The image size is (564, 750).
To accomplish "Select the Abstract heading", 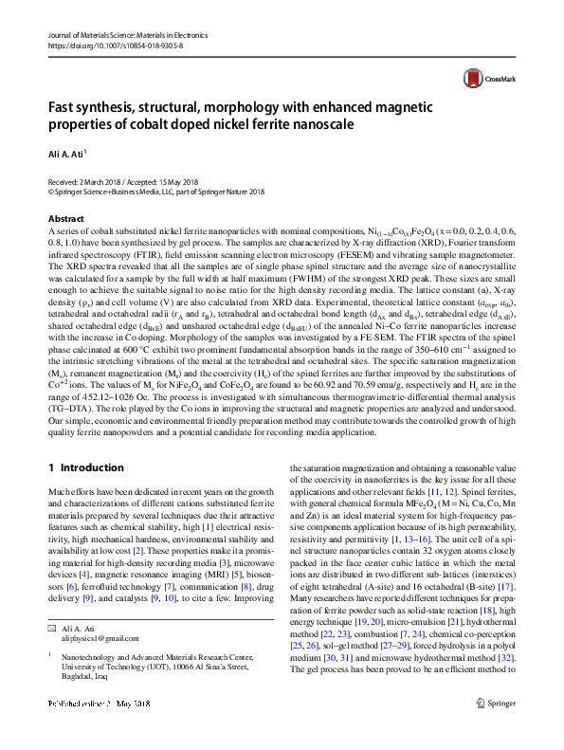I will pos(64,218).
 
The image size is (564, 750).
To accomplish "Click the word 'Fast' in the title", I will pos(63,107).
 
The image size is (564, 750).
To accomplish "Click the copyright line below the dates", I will pos(155,191).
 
